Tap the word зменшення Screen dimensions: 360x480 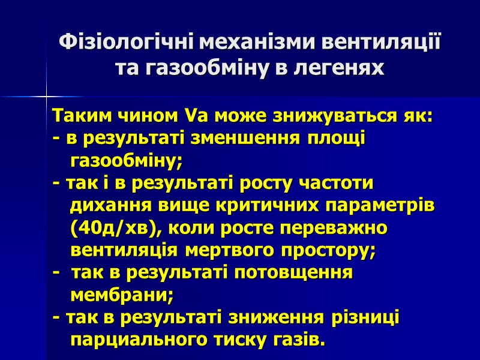250,138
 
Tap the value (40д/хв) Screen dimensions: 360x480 116,229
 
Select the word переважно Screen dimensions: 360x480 340,229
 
